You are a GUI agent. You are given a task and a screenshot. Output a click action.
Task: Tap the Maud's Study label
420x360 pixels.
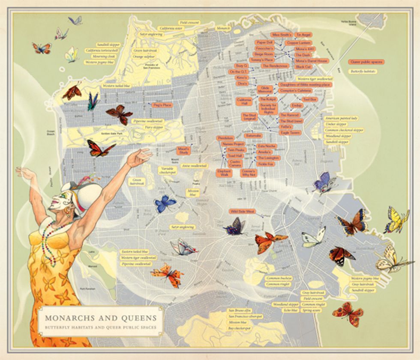pyautogui.click(x=184, y=150)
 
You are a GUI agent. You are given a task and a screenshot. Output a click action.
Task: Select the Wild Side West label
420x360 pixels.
pyautogui.click(x=243, y=211)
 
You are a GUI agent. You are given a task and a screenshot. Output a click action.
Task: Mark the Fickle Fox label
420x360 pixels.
pyautogui.click(x=265, y=164)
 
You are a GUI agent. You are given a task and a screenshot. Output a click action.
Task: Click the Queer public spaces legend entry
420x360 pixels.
pyautogui.click(x=366, y=62)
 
